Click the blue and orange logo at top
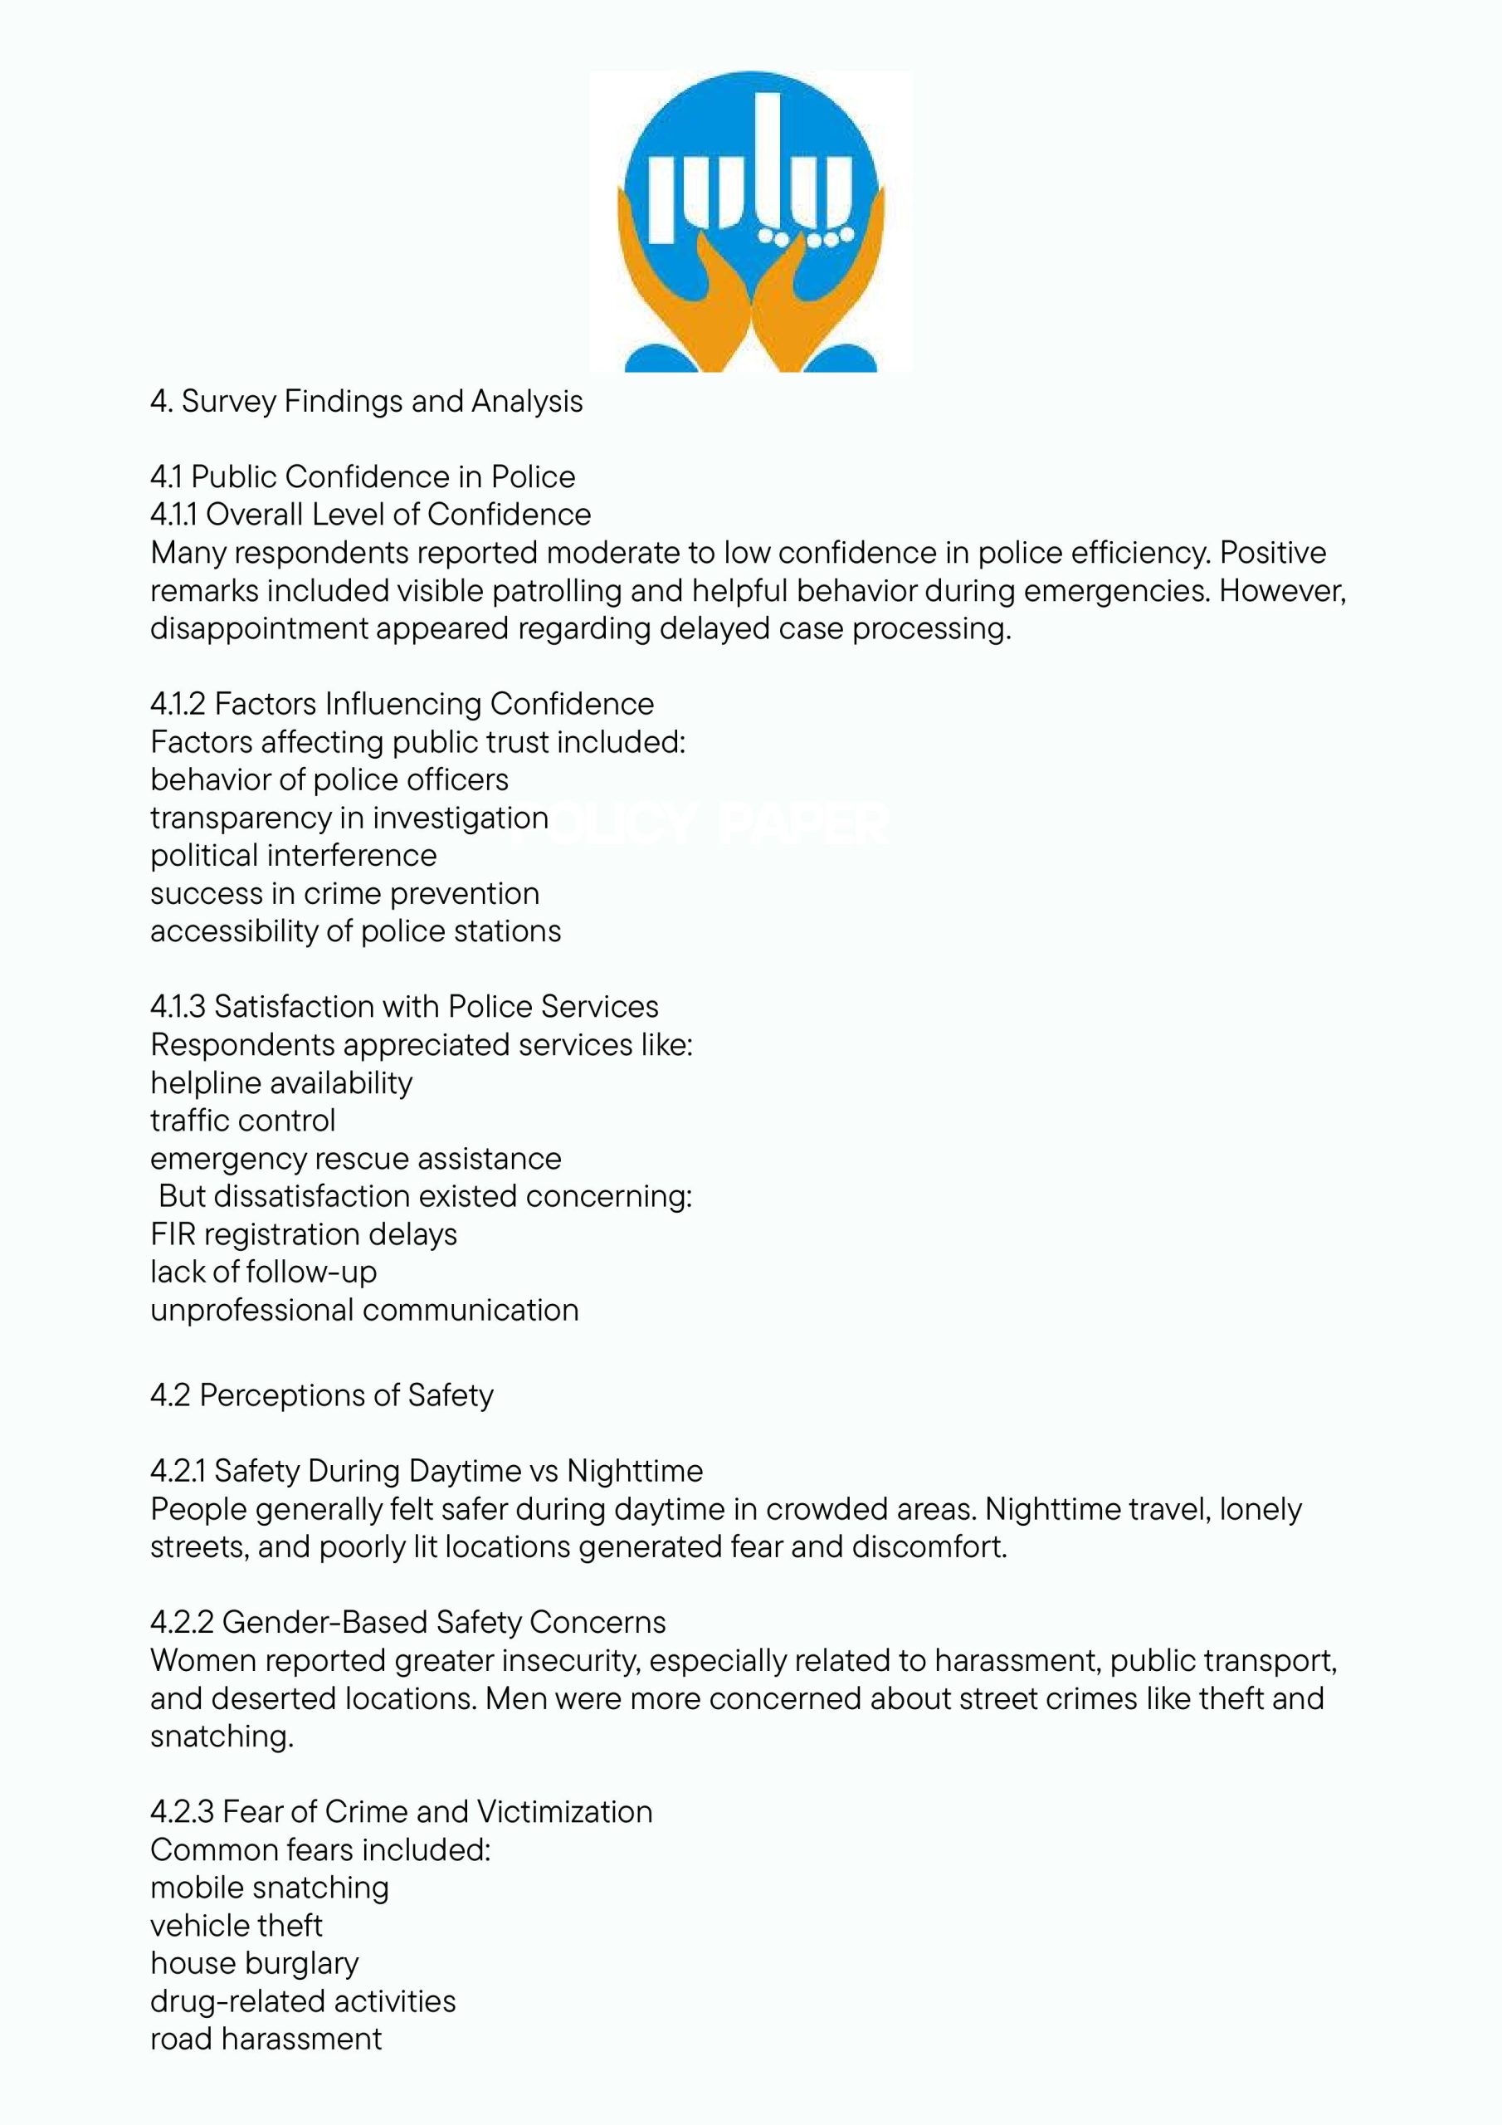pos(750,222)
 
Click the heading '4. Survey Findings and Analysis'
pos(367,402)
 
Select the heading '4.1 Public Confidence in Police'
pos(363,476)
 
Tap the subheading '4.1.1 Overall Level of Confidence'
pos(370,515)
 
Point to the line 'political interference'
pos(294,855)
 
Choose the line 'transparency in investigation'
pos(349,818)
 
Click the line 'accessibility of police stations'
pos(355,931)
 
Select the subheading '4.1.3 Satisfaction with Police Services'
pos(404,1007)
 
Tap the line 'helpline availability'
pos(281,1083)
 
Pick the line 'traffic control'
pos(242,1121)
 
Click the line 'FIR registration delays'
pos(304,1234)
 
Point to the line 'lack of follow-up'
pos(264,1273)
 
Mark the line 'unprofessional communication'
pos(364,1311)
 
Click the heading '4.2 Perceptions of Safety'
pos(322,1395)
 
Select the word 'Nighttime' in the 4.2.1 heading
pos(635,1472)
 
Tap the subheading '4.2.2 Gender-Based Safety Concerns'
pos(408,1623)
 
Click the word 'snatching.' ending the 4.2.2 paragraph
pos(222,1737)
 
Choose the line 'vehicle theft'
pos(236,1926)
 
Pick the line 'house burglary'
pos(255,1964)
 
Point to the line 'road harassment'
pos(266,2040)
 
